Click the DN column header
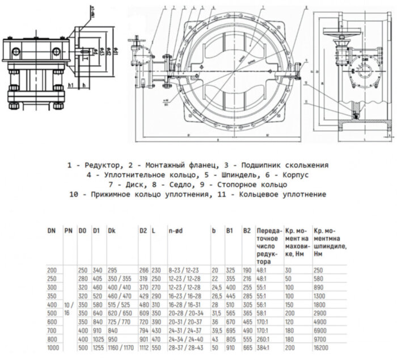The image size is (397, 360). click(52, 231)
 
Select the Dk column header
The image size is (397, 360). click(112, 231)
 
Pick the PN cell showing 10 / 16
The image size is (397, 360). click(69, 308)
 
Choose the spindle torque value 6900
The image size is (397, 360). click(320, 329)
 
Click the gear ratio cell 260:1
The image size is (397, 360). click(263, 338)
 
